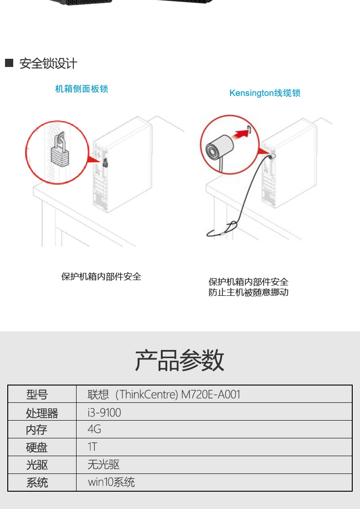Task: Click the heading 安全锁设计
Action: point(48,64)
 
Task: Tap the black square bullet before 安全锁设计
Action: point(9,63)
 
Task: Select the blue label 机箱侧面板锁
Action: point(82,89)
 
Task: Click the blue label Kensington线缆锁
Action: point(265,93)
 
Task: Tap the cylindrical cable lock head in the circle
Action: point(220,148)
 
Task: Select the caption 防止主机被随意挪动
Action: point(248,293)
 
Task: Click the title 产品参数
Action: point(180,360)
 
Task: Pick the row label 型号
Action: point(37,395)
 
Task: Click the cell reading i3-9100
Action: point(104,412)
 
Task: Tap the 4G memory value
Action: point(94,429)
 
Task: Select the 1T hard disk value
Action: point(92,447)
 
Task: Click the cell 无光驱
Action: point(103,465)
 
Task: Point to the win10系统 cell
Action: point(111,483)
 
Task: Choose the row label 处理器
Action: point(42,413)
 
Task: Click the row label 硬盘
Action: point(36,447)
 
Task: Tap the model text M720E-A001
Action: point(211,395)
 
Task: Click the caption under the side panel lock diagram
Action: point(101,277)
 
